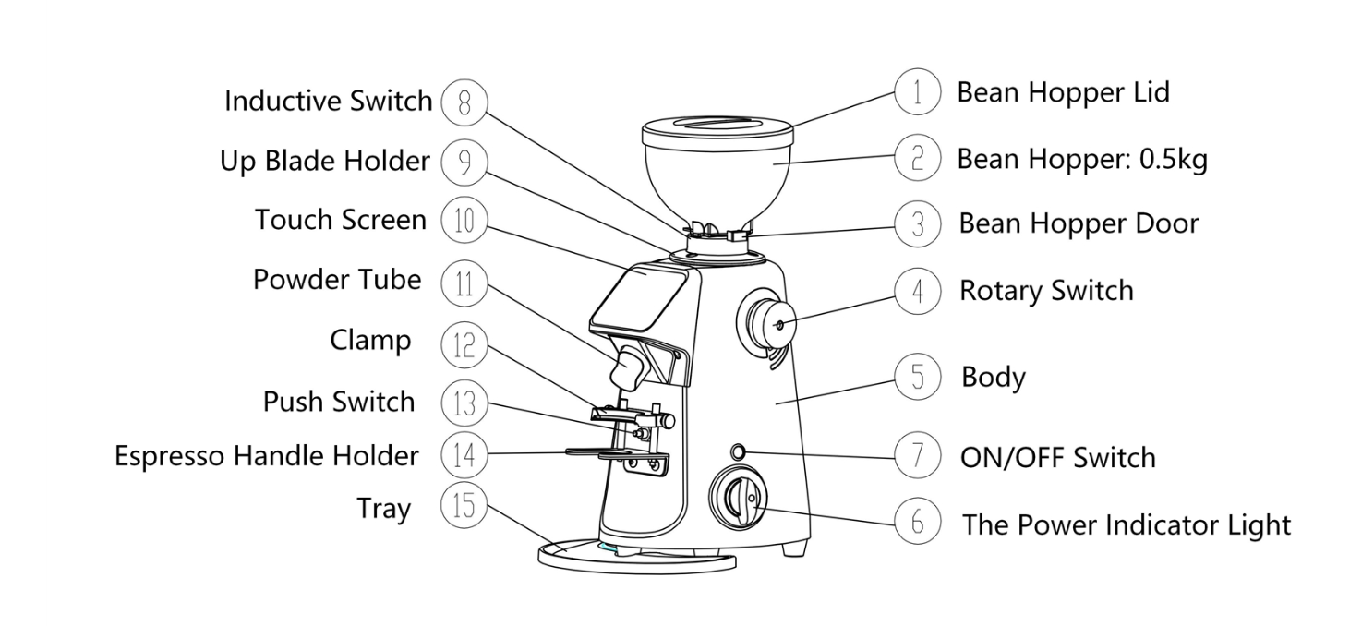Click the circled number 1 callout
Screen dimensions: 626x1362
pyautogui.click(x=917, y=93)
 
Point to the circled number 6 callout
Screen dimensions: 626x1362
pyautogui.click(x=917, y=523)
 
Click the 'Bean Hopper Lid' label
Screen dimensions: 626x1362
pyautogui.click(x=1063, y=92)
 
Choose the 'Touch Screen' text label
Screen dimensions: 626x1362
pyautogui.click(x=341, y=220)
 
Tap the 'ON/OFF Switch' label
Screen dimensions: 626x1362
pyautogui.click(x=1058, y=457)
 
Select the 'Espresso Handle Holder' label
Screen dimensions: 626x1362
pyautogui.click(x=266, y=455)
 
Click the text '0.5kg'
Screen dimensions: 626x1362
pyautogui.click(x=1174, y=160)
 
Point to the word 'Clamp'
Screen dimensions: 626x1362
pyautogui.click(x=370, y=340)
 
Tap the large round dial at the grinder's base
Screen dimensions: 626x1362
pyautogui.click(x=740, y=500)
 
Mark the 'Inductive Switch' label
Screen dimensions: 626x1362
pyautogui.click(x=328, y=101)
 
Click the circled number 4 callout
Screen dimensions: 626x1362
pyautogui.click(x=917, y=291)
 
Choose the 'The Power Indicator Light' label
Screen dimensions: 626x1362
pyautogui.click(x=1126, y=524)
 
